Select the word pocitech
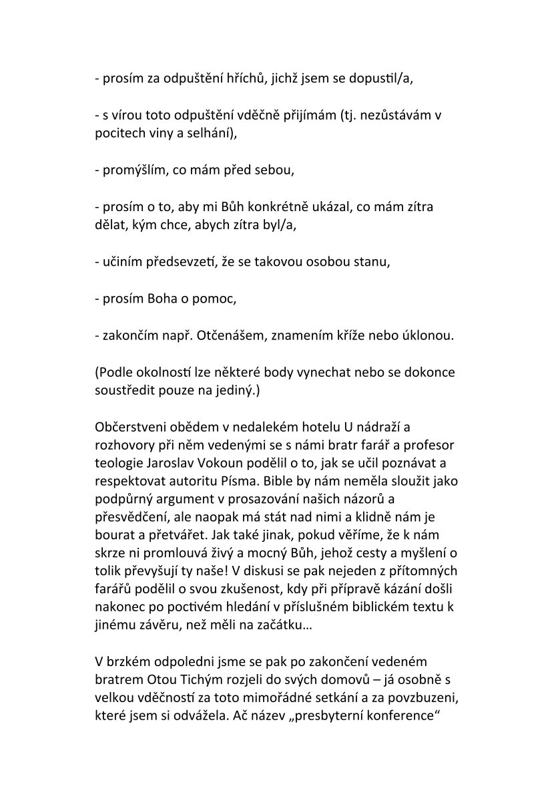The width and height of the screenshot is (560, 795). (x=118, y=133)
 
